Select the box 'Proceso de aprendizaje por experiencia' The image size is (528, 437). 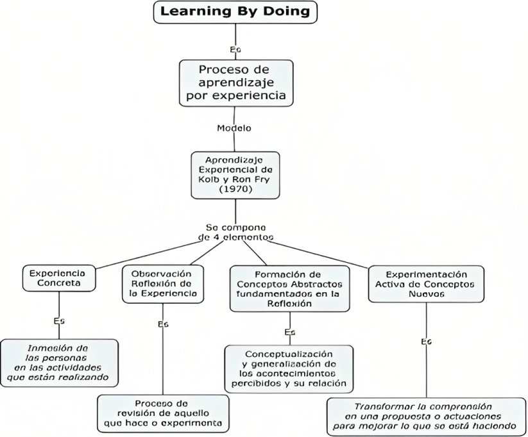click(x=235, y=83)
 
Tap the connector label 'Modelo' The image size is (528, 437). click(x=235, y=128)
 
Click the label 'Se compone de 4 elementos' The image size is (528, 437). click(x=236, y=232)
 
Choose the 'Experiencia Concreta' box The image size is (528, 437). click(x=62, y=277)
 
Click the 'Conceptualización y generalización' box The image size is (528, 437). click(x=290, y=369)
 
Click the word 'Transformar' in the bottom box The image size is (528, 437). click(x=378, y=406)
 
